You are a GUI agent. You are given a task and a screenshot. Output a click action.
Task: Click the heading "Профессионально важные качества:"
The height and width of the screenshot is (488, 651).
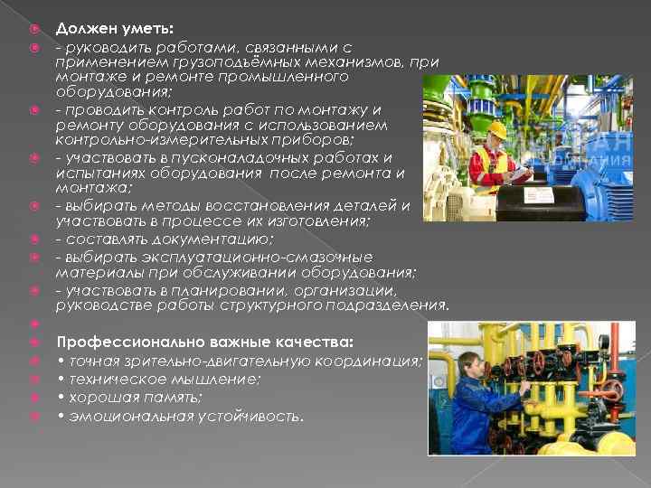204,342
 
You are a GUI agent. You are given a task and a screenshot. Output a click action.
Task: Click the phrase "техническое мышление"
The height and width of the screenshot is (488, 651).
164,379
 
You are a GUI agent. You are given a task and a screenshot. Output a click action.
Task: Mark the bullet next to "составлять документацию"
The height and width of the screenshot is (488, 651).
33,239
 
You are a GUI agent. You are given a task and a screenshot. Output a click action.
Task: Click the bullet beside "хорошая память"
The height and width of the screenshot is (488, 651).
33,398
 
